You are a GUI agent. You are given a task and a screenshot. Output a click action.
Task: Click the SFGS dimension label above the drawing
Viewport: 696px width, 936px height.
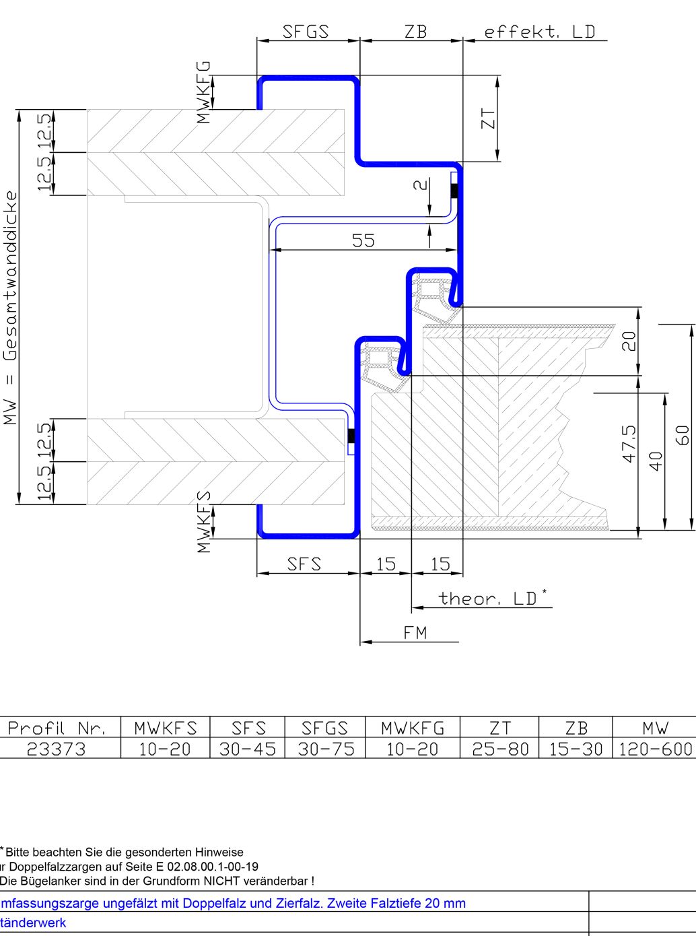tap(306, 31)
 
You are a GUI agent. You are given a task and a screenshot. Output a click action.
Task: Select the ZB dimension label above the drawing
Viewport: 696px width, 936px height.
tap(415, 31)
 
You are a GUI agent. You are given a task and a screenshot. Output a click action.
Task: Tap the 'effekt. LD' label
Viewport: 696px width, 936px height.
tap(540, 31)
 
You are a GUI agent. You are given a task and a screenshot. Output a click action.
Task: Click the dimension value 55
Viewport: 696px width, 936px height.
tap(363, 240)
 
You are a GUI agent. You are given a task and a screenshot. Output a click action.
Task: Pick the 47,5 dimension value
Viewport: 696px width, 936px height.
tap(629, 443)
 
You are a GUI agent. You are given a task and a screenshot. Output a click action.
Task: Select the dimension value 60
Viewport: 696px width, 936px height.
tap(683, 434)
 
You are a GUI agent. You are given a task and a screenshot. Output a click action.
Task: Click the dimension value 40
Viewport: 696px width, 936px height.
tap(656, 461)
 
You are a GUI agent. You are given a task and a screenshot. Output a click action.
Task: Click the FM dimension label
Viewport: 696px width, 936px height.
tap(415, 632)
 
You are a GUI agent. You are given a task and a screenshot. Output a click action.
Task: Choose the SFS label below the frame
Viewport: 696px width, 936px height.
tap(304, 564)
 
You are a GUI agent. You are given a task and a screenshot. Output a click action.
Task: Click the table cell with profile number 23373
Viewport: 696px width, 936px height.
tap(57, 748)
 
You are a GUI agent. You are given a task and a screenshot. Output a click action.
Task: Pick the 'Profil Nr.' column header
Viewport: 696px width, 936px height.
tap(57, 728)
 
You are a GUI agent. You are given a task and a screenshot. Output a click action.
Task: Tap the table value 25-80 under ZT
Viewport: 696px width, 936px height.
tap(500, 748)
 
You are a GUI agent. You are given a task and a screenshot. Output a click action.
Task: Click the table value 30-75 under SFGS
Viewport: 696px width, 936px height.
tap(325, 748)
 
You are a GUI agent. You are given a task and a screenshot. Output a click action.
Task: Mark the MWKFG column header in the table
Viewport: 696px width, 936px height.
tap(413, 728)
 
